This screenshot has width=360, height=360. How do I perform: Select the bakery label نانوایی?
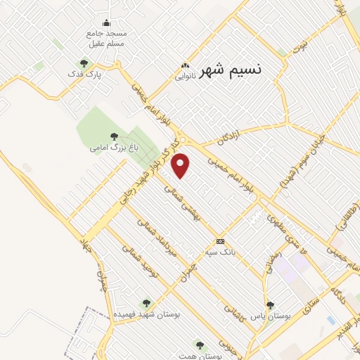coord(185,77)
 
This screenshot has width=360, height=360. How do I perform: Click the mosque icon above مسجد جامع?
coord(106,22)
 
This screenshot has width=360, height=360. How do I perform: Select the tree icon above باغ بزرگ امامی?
coord(114,136)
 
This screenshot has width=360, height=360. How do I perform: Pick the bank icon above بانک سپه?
coord(220,240)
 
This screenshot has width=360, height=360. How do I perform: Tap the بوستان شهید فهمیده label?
coord(147,315)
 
